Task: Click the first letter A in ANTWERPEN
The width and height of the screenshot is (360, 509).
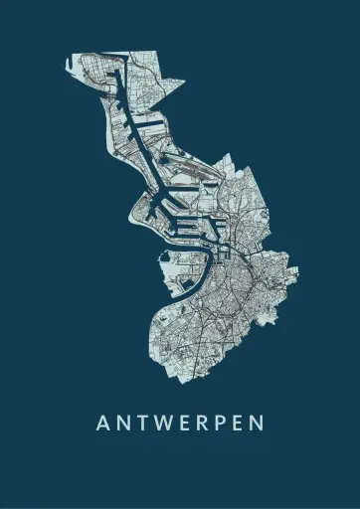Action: point(102,423)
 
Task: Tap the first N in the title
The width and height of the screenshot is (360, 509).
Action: point(123,423)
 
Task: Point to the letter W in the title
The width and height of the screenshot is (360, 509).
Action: point(165,423)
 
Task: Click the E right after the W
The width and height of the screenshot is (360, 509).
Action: point(186,423)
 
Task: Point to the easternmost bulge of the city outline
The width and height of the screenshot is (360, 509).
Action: point(296,266)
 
